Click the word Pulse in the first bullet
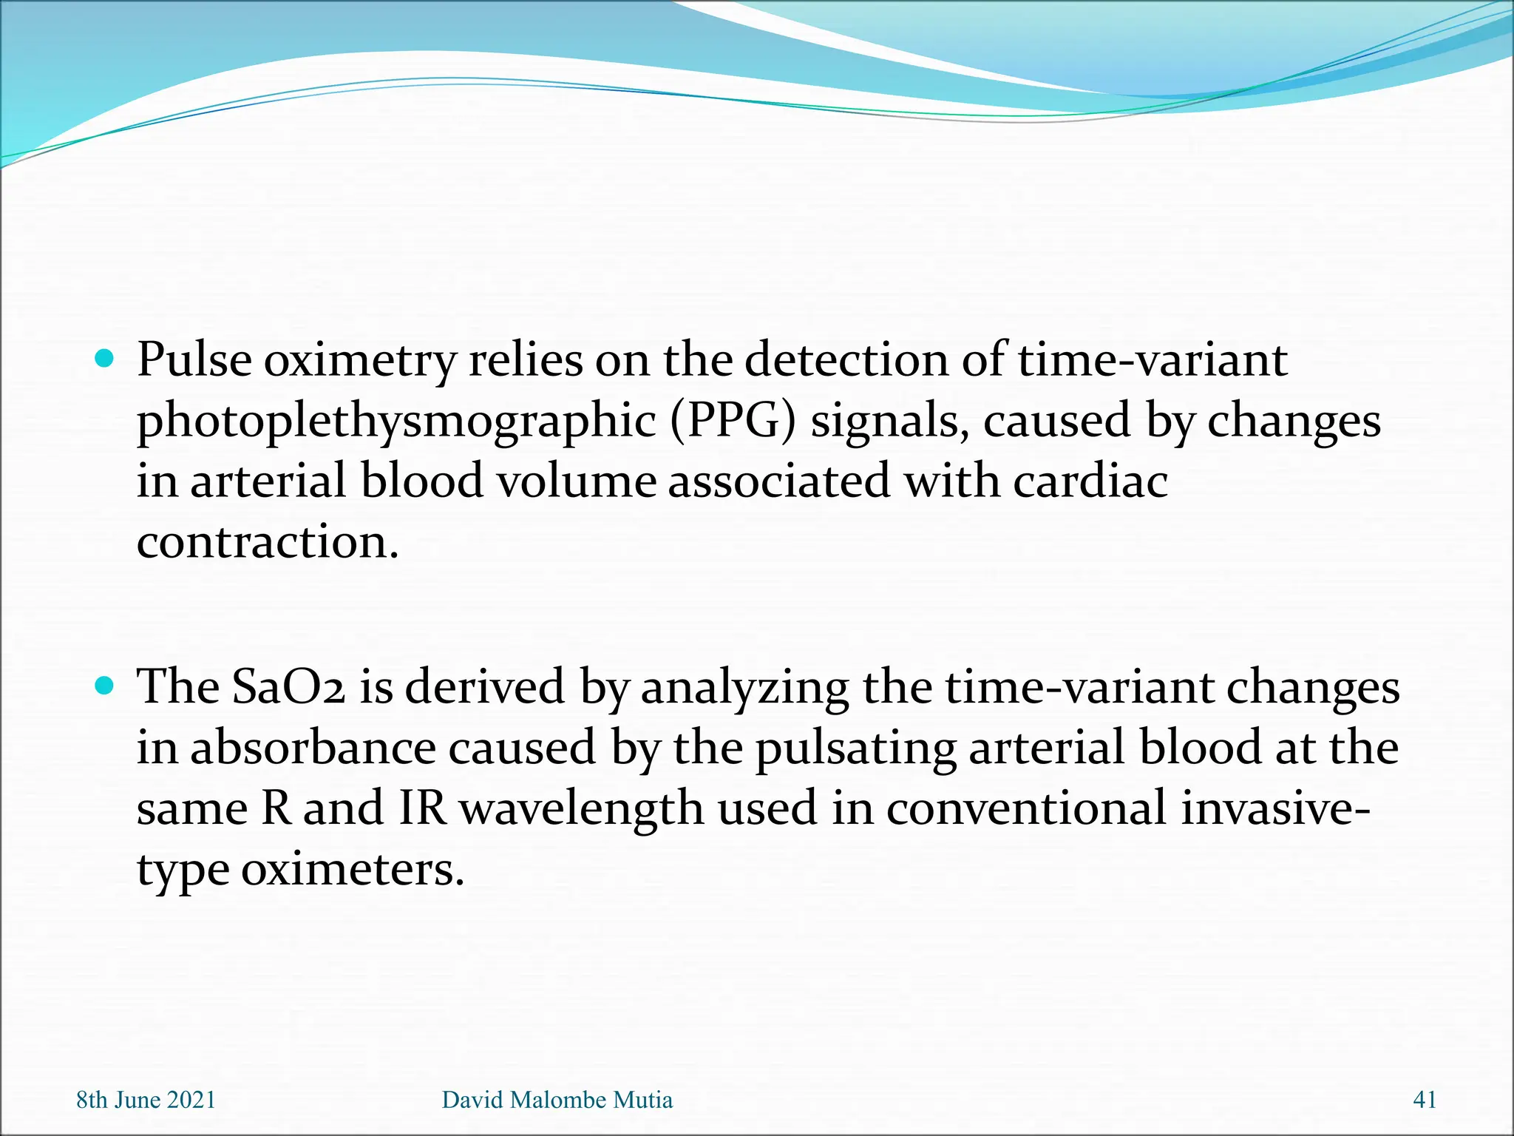(x=194, y=360)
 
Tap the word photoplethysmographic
(x=396, y=422)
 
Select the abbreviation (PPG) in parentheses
(x=733, y=422)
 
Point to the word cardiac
(x=1090, y=481)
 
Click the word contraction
(x=268, y=542)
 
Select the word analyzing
(x=744, y=689)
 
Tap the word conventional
(x=1025, y=808)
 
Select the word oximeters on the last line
(x=352, y=869)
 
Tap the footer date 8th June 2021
(x=146, y=1100)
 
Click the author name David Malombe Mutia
(x=557, y=1100)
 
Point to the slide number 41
(x=1424, y=1100)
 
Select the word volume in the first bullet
(x=575, y=481)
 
